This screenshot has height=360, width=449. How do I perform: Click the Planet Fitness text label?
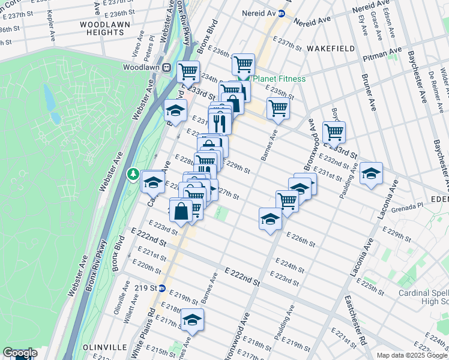point(279,79)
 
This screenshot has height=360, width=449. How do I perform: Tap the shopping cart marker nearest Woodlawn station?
point(188,71)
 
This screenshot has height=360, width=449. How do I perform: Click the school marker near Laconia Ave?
point(372,173)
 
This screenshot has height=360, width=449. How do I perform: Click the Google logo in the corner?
point(20,353)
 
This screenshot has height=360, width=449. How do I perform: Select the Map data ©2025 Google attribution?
point(412,355)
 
